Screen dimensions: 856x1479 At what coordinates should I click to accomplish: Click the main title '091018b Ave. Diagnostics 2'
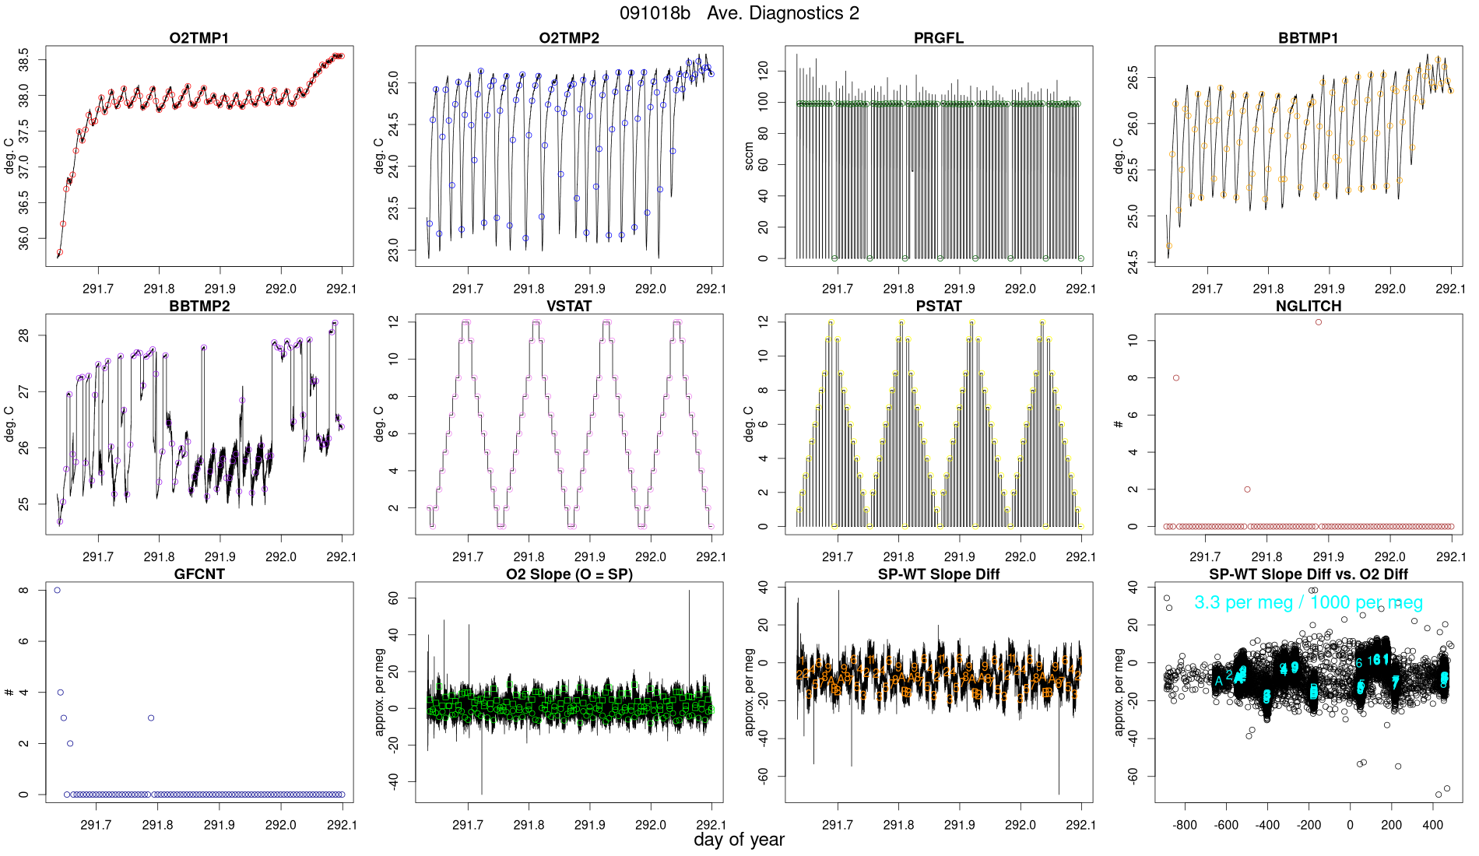coord(739,13)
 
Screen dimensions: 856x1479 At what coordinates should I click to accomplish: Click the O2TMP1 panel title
coord(199,38)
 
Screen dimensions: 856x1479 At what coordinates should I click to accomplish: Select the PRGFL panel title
coord(939,38)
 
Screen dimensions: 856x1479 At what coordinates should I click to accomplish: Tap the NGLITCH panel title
coord(1309,307)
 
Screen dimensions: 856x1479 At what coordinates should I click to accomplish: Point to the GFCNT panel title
coord(199,574)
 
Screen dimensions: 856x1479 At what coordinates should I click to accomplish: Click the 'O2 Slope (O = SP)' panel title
coord(569,574)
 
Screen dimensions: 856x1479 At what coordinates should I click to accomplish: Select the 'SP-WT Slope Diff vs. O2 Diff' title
coord(1309,574)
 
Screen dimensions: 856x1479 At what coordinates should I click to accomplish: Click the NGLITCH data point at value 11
coord(1319,322)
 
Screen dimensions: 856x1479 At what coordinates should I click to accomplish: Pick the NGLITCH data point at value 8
coord(1176,378)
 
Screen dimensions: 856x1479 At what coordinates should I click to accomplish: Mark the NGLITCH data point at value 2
coord(1247,489)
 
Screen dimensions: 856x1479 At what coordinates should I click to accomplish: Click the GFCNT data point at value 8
coord(58,591)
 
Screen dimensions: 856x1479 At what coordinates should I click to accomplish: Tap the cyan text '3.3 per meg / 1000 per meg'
coord(1309,602)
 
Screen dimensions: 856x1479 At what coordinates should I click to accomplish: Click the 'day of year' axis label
coord(739,840)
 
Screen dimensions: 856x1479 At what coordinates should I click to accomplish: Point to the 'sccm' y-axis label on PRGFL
coord(749,156)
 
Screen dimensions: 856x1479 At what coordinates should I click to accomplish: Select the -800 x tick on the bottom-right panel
coord(1185,825)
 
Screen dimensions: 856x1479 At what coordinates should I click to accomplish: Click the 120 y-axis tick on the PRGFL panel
coord(763,71)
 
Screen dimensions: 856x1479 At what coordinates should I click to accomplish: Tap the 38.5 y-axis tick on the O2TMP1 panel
coord(24,59)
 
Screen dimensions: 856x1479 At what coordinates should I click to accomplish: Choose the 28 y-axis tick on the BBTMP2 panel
coord(24,335)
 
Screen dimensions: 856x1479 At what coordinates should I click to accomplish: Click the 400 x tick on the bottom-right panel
coord(1432,825)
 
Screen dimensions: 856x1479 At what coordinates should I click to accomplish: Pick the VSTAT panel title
coord(569,307)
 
